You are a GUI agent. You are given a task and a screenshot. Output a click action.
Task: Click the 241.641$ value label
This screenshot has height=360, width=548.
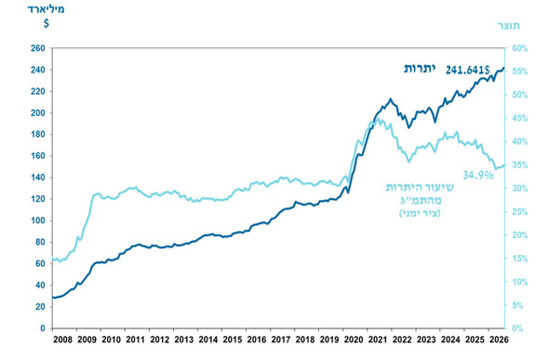(468, 71)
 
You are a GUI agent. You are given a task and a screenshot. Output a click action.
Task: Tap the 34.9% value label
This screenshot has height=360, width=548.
(478, 175)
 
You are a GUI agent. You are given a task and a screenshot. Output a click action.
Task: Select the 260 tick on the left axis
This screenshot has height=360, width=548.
(38, 48)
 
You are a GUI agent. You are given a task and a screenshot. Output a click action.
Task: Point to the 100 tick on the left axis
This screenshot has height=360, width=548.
(38, 220)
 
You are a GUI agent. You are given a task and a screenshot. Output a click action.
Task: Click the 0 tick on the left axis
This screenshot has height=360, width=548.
(43, 328)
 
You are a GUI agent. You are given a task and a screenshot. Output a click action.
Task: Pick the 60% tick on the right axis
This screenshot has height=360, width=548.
(520, 48)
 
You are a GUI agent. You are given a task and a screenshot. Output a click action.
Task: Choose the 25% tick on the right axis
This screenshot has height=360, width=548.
(520, 212)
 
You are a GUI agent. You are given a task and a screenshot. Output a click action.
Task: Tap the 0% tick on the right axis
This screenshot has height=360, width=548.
(517, 328)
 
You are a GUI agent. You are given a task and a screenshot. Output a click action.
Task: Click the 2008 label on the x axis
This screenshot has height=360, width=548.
(63, 340)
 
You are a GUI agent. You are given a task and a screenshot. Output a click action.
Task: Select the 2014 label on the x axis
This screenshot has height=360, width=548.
(208, 340)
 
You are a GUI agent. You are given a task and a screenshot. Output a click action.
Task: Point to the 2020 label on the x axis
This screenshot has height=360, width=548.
(354, 340)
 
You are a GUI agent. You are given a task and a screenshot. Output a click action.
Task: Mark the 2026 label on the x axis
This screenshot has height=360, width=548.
(499, 340)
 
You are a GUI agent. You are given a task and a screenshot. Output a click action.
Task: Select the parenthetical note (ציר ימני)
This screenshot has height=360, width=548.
(420, 213)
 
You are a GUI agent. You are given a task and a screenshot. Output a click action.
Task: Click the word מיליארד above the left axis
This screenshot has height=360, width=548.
(47, 9)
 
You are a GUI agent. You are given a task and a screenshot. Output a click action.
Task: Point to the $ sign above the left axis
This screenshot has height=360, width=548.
(47, 23)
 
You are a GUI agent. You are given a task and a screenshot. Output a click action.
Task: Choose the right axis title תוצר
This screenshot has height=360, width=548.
(509, 25)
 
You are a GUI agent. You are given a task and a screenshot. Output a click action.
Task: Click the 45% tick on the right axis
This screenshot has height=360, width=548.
(520, 118)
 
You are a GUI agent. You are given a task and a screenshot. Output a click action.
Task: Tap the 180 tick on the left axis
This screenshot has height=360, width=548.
(38, 134)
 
